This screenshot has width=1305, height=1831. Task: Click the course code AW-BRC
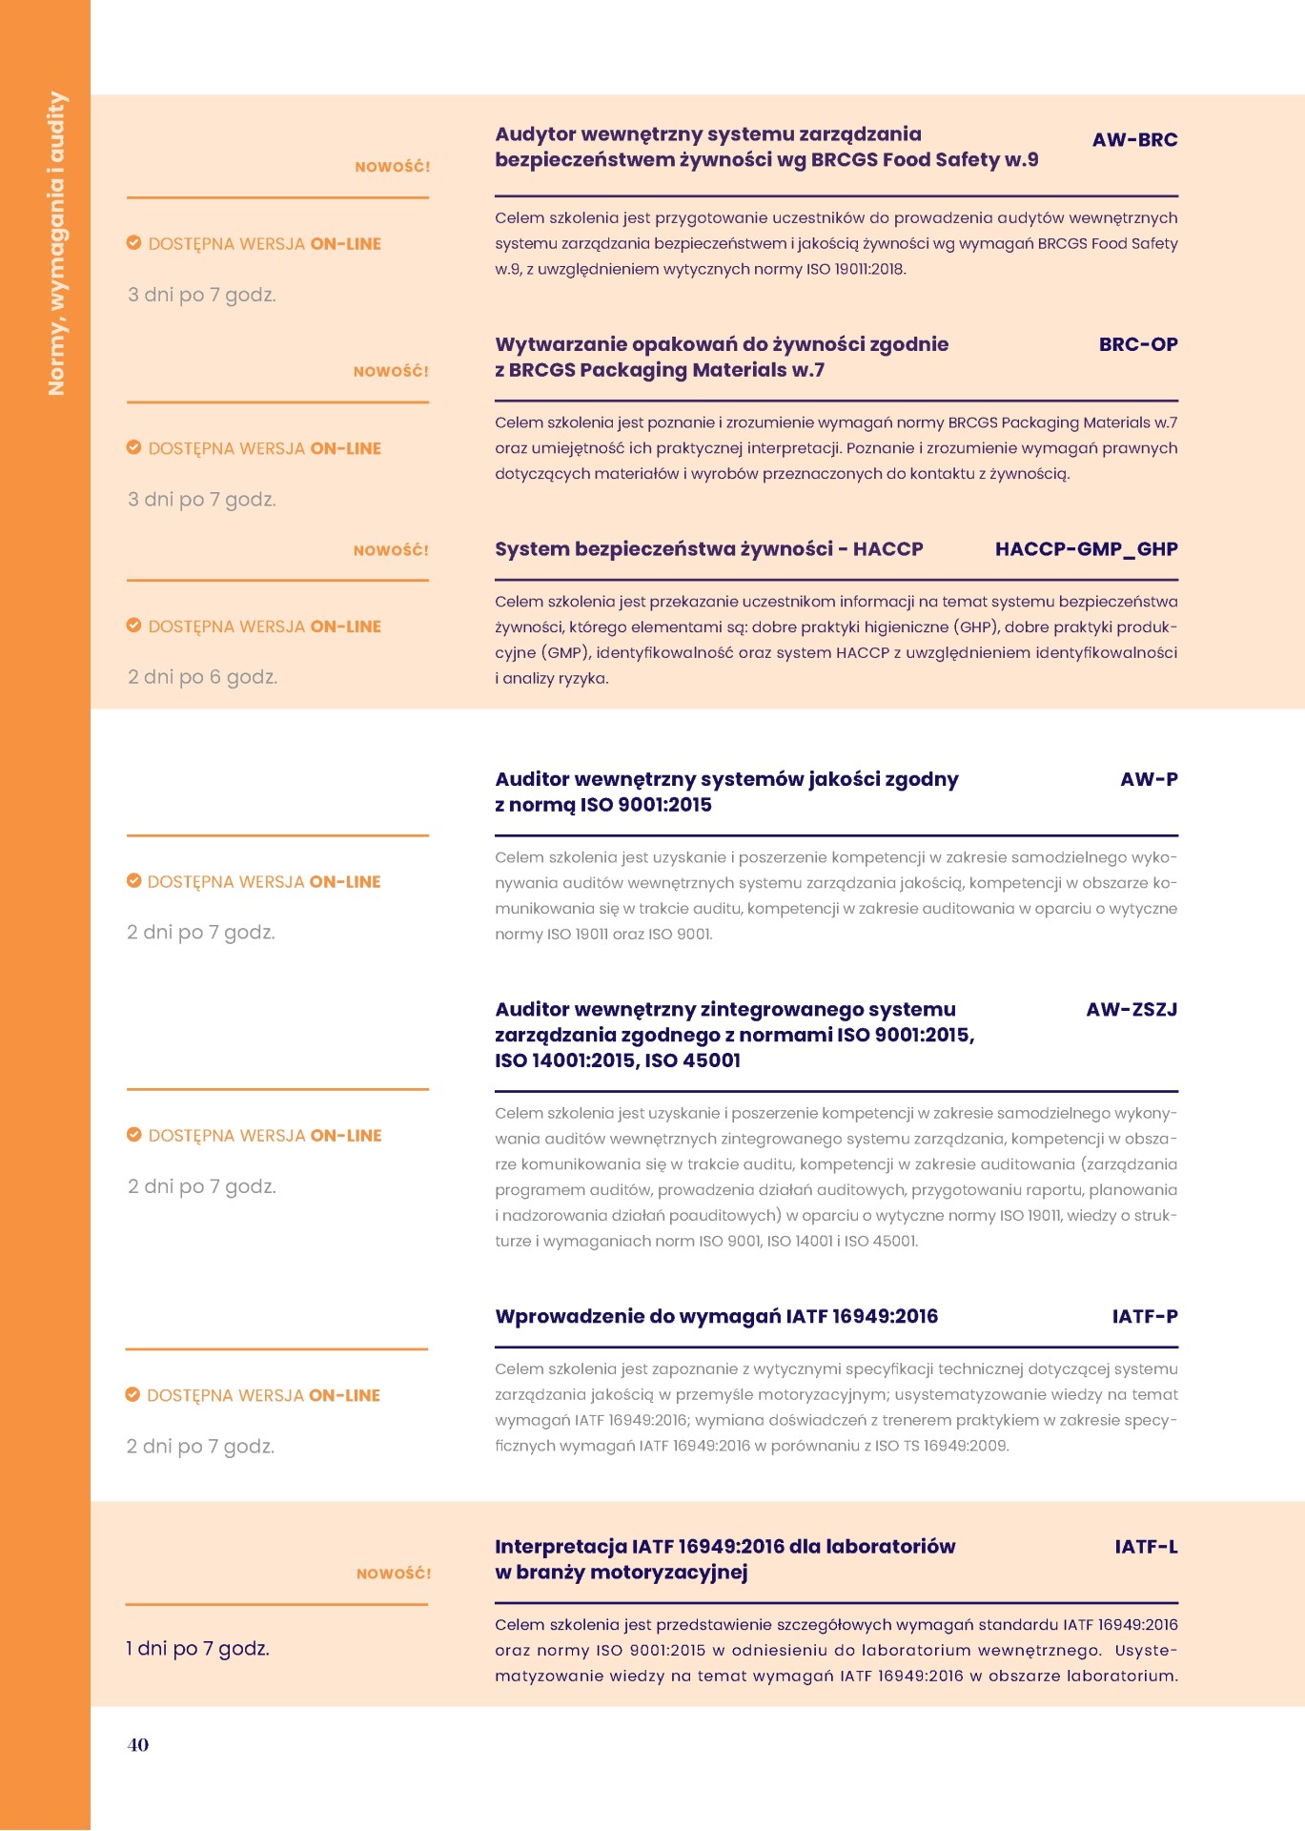(1134, 140)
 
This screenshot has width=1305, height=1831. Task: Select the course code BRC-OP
(1137, 344)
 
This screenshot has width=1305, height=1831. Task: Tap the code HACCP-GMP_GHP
(1086, 549)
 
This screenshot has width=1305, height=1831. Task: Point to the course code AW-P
(1149, 779)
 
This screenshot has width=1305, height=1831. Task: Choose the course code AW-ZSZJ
(1132, 1009)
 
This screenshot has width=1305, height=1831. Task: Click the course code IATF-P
(1144, 1316)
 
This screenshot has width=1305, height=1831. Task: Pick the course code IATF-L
(1146, 1547)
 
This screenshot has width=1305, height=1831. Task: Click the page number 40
(138, 1744)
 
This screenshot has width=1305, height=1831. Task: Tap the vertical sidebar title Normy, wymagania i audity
(57, 243)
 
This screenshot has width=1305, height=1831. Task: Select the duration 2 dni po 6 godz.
(202, 677)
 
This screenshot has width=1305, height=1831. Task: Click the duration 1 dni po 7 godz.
(197, 1648)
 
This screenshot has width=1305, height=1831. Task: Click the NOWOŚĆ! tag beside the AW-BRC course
(392, 167)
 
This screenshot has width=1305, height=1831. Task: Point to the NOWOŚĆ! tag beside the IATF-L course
(394, 1574)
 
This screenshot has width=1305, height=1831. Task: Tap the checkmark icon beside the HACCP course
(134, 626)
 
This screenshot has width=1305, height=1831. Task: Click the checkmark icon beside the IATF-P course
(133, 1394)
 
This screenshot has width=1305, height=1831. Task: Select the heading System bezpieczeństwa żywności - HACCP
(708, 549)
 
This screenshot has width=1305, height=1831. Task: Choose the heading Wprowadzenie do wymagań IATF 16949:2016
(716, 1316)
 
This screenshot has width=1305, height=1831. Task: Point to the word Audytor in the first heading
(535, 134)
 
